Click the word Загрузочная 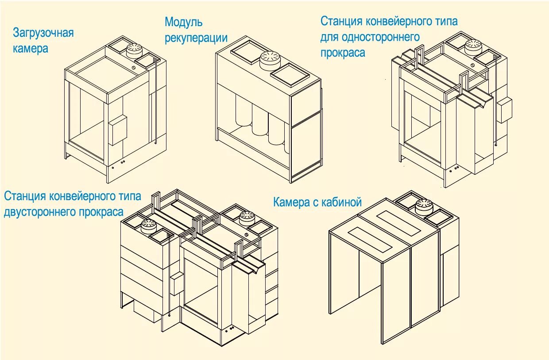click(x=43, y=34)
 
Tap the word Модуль click(x=183, y=22)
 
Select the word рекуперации click(x=196, y=38)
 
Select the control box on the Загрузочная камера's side click(x=117, y=130)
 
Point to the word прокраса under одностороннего click(x=343, y=53)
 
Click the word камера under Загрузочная click(x=31, y=49)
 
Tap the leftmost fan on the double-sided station click(x=148, y=226)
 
